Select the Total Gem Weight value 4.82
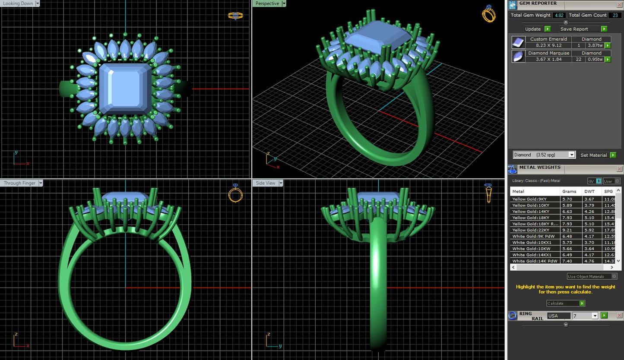[559, 15]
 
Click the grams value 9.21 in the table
[567, 230]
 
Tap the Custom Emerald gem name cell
[548, 39]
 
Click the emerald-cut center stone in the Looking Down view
[125, 88]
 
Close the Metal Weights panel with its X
[619, 169]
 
